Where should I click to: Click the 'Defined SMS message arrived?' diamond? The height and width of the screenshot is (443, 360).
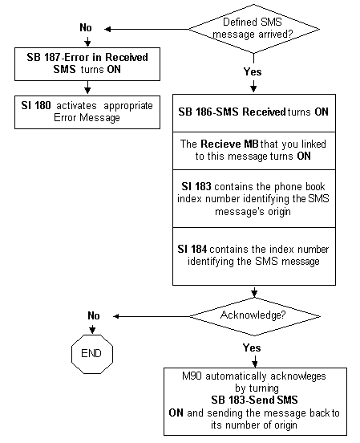tap(254, 29)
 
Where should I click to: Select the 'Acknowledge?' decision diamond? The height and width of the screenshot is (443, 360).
tap(255, 316)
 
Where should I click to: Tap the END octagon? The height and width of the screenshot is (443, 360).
tap(92, 354)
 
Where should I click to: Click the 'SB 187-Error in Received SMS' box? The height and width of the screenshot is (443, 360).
tap(87, 64)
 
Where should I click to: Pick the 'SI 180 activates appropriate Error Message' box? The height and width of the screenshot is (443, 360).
tap(87, 112)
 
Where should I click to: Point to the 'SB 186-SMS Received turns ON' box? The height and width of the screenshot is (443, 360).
tap(254, 113)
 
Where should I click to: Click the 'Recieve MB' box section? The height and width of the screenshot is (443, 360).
tap(254, 151)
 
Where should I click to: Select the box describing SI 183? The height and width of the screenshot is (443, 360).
tap(254, 198)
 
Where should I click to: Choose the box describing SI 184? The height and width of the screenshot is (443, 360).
tap(254, 256)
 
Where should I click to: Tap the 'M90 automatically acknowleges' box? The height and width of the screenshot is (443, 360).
tap(255, 401)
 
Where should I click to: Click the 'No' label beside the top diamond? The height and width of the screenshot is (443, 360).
tap(86, 27)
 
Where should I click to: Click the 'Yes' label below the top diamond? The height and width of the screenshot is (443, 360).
tap(253, 71)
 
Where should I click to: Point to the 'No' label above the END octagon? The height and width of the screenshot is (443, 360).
tap(94, 315)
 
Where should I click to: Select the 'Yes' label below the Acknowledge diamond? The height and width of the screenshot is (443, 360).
tap(252, 347)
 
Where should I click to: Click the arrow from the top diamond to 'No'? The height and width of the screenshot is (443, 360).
tap(147, 29)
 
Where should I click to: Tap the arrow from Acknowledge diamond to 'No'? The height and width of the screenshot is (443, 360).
tap(152, 316)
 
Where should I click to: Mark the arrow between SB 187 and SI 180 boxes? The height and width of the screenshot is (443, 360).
tap(87, 87)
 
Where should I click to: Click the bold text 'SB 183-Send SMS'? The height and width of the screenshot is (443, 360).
tap(254, 400)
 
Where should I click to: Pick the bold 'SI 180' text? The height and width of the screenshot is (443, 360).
tap(36, 106)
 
